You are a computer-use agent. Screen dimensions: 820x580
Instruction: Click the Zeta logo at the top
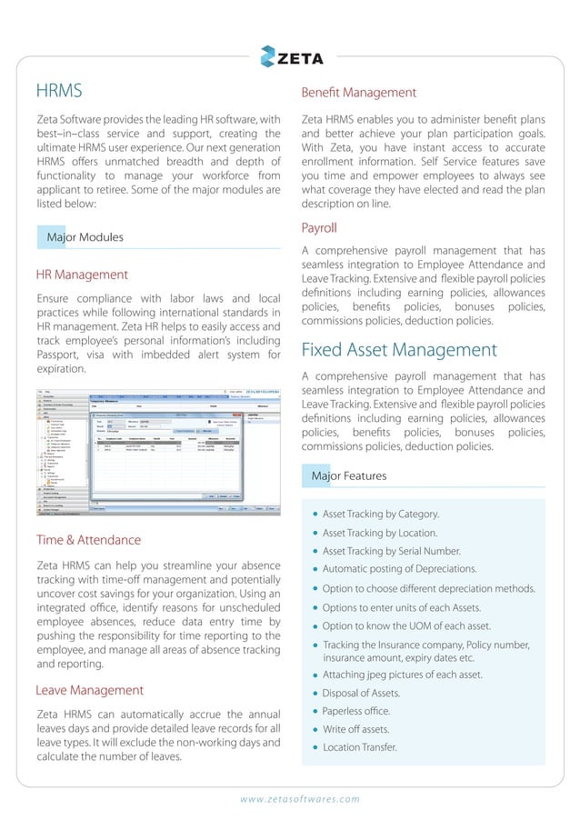coord(289,55)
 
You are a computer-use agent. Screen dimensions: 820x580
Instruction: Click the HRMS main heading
coord(59,91)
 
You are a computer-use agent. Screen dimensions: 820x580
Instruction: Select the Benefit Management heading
coord(358,93)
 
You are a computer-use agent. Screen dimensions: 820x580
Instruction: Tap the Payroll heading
coord(319,227)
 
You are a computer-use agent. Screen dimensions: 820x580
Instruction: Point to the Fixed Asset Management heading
coord(399,350)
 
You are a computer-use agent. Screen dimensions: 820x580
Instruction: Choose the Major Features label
coord(349,475)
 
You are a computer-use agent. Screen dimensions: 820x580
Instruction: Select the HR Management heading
coord(82,274)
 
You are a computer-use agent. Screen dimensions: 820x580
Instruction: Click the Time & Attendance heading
coord(88,540)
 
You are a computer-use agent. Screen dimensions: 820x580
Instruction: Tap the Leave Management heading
coord(90,690)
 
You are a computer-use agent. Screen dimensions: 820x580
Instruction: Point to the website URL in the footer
coord(300,800)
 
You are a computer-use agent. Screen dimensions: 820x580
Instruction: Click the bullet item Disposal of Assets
coord(361,693)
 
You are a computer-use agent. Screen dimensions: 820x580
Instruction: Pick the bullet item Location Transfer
coord(360,748)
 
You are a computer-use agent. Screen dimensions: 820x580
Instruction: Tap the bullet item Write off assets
coord(356,729)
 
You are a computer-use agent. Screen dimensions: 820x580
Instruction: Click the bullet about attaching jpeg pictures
coord(402,675)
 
